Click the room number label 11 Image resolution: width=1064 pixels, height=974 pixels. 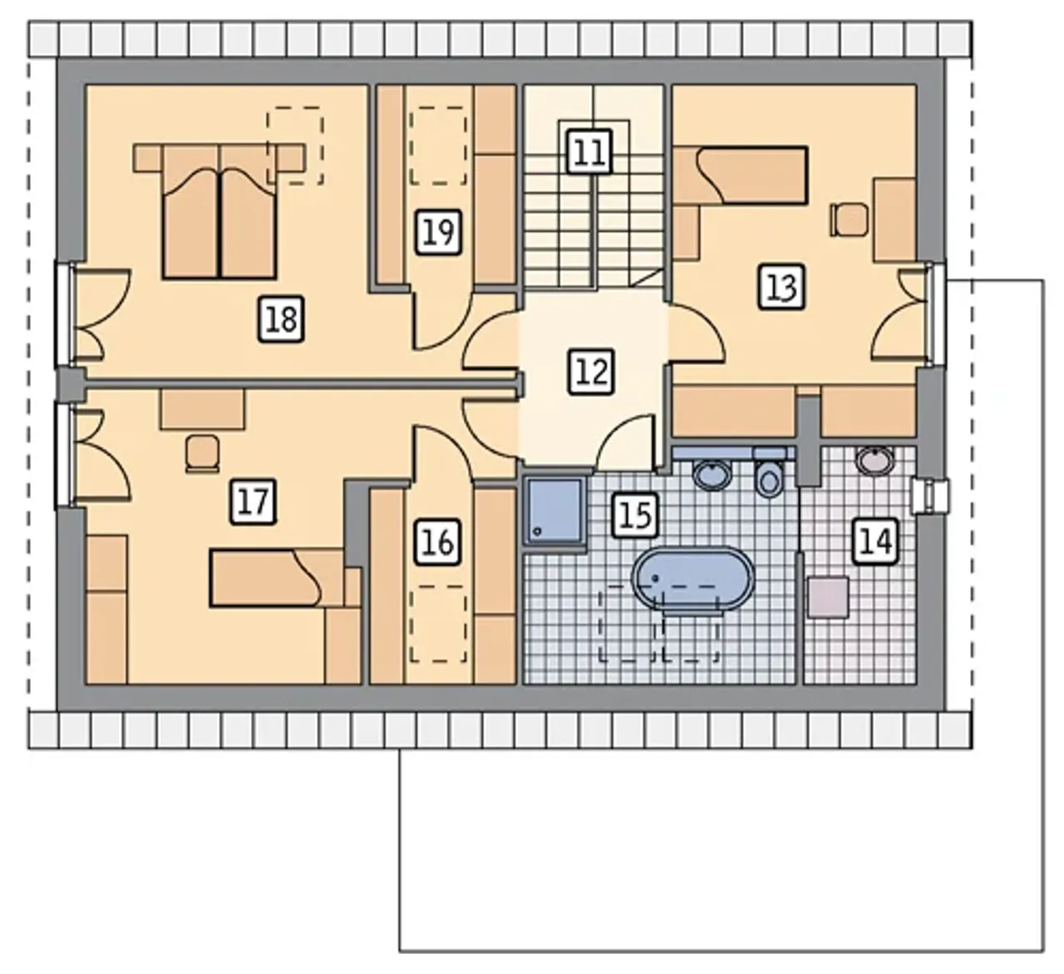click(x=589, y=152)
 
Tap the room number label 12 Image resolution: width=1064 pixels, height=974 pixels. click(x=591, y=371)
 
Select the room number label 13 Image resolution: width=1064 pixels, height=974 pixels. click(x=781, y=287)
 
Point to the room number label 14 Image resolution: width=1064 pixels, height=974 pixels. click(x=875, y=541)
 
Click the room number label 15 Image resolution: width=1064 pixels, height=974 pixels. click(x=635, y=514)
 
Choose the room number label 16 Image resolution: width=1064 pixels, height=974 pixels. click(x=437, y=542)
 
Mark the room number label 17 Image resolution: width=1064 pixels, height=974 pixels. click(x=254, y=502)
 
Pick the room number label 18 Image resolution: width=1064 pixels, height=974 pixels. click(x=281, y=319)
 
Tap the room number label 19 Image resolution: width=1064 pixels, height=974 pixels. click(x=438, y=233)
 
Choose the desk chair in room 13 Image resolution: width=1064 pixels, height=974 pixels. click(x=850, y=219)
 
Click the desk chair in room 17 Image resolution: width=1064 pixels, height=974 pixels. click(x=202, y=454)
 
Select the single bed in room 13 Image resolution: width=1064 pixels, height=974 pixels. click(x=741, y=175)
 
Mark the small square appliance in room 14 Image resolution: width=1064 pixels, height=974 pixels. click(x=827, y=598)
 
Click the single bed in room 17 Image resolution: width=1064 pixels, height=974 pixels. click(x=277, y=578)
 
